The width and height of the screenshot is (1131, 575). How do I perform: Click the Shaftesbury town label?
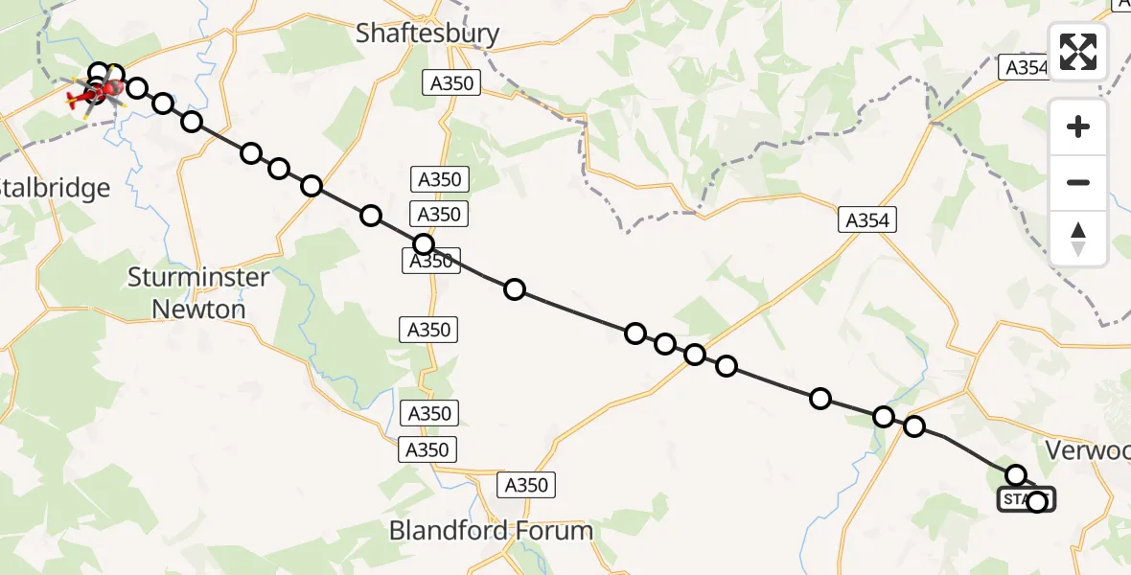coord(427,34)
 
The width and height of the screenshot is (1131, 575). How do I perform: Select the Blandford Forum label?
coord(491,530)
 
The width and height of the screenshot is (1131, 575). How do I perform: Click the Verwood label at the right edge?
coord(1087,450)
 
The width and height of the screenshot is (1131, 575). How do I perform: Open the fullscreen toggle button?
coord(1078,52)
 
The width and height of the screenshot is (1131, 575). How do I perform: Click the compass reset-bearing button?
coord(1078,239)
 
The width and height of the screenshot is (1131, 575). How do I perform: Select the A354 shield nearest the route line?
coord(867,220)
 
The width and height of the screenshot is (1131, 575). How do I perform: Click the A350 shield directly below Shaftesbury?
coord(451,83)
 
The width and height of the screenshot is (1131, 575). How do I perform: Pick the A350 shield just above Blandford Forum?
coord(526,485)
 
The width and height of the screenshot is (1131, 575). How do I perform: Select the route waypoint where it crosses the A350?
coord(424,243)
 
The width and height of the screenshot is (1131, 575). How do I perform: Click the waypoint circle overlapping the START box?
coord(1037,501)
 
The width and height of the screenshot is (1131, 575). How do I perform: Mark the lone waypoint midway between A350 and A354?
coord(515,288)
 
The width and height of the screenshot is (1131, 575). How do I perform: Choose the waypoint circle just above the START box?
coord(1016,474)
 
